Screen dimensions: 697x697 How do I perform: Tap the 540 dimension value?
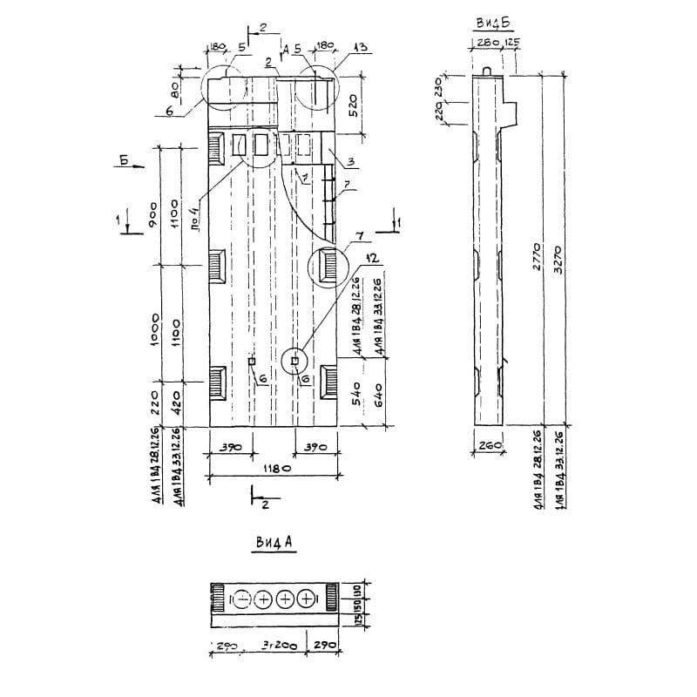coord(356,399)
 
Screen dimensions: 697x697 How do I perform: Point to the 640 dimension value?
coord(377,399)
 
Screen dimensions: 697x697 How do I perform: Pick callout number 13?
coord(360,47)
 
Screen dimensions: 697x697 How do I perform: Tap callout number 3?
coord(348,162)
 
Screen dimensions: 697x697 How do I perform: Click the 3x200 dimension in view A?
coord(278,646)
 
